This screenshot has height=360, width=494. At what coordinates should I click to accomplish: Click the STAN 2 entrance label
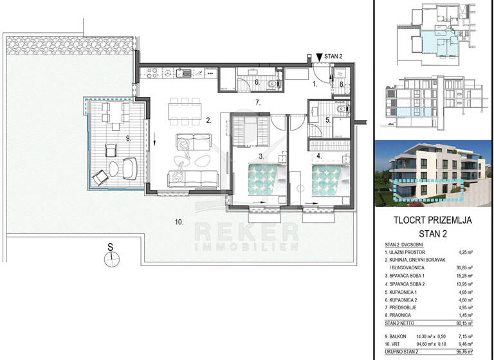[338, 56]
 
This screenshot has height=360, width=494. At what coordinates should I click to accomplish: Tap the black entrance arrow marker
[320, 57]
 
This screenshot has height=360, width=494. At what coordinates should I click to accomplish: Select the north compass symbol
[110, 257]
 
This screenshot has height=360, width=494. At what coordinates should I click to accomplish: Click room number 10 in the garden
[178, 222]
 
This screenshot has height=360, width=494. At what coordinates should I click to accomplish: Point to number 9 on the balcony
[129, 138]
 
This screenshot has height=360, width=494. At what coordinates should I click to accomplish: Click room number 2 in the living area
[208, 120]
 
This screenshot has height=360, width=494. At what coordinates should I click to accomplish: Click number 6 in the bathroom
[256, 82]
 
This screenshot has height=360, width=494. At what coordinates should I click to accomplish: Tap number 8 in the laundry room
[342, 84]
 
